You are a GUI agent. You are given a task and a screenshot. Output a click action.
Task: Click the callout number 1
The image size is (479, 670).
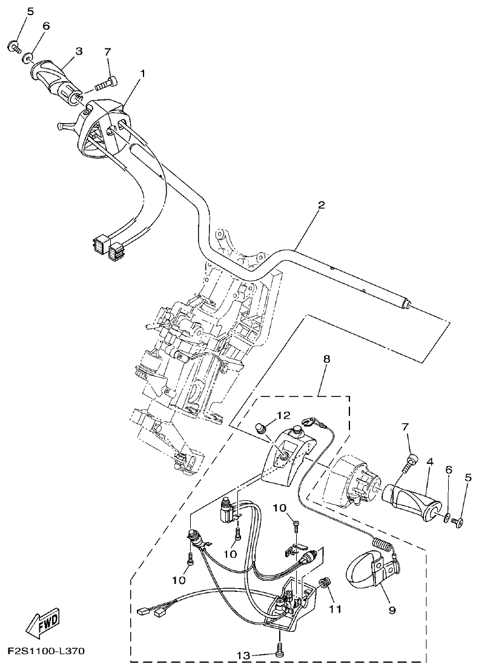click(143, 73)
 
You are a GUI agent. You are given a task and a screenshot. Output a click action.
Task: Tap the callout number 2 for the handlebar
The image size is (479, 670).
click(321, 205)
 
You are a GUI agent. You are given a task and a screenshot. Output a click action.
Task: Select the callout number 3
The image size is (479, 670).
click(78, 52)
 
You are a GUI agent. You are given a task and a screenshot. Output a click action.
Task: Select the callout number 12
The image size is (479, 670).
click(284, 415)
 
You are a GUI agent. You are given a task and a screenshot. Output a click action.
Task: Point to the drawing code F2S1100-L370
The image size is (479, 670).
click(45, 651)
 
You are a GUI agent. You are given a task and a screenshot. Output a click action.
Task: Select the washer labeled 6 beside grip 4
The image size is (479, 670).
click(446, 518)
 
